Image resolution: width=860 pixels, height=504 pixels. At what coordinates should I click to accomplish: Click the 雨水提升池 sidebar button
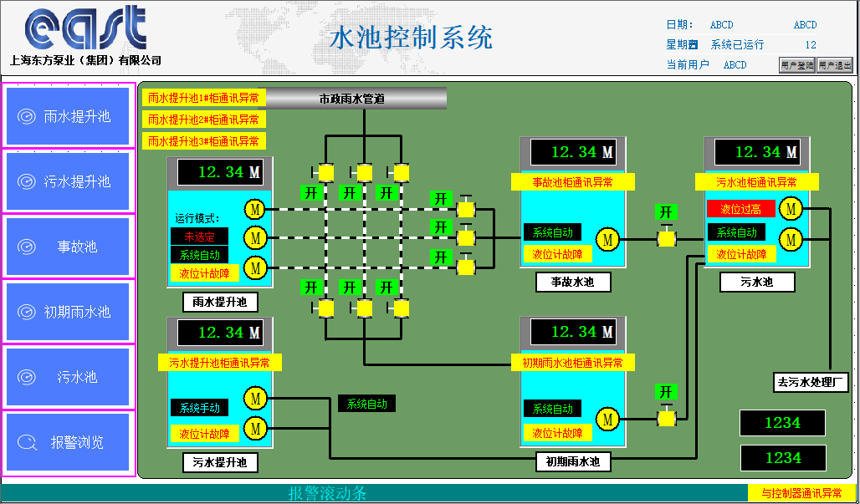(69, 116)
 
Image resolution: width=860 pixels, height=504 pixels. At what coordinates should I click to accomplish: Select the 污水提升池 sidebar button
(69, 181)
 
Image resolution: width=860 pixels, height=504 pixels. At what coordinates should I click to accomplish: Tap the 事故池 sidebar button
(69, 247)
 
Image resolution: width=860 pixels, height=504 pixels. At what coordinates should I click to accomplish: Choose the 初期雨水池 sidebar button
(69, 312)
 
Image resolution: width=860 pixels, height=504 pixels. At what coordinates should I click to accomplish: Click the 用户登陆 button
(796, 65)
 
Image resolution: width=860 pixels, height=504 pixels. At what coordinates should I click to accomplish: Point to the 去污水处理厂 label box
(811, 383)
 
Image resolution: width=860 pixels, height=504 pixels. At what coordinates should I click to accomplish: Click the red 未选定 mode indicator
(200, 237)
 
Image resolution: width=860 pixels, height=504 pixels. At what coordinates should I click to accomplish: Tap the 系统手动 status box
(200, 408)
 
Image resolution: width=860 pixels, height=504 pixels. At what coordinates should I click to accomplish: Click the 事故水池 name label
(573, 283)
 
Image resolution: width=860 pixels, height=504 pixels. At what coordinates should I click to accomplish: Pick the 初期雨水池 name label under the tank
(573, 461)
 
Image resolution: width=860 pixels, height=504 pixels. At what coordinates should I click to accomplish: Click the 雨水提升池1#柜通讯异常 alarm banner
(203, 98)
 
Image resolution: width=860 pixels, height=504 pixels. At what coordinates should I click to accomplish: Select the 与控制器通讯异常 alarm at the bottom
(801, 493)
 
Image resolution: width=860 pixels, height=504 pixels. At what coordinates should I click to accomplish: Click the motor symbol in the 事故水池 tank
(609, 240)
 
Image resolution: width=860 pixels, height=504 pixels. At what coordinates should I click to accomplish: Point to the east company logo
(85, 29)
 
